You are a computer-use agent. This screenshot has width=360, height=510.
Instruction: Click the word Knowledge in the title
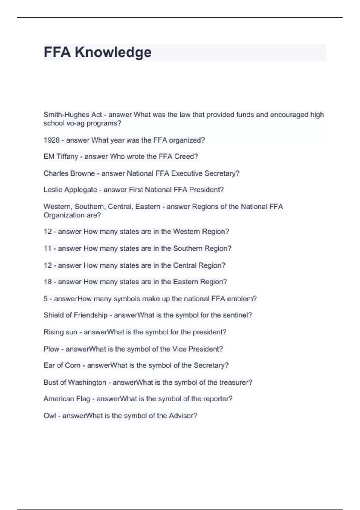point(113,52)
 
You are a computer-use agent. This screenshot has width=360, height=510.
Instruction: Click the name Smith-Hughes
point(62,115)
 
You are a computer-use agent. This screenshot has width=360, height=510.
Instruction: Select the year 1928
point(52,140)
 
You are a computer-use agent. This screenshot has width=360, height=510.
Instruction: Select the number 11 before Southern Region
point(48,249)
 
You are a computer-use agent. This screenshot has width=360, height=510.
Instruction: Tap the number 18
point(48,282)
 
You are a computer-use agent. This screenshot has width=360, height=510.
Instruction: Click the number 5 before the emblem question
point(46,299)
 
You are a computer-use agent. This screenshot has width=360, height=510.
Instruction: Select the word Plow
point(51,349)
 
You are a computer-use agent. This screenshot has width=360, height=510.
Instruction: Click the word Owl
point(49,415)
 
